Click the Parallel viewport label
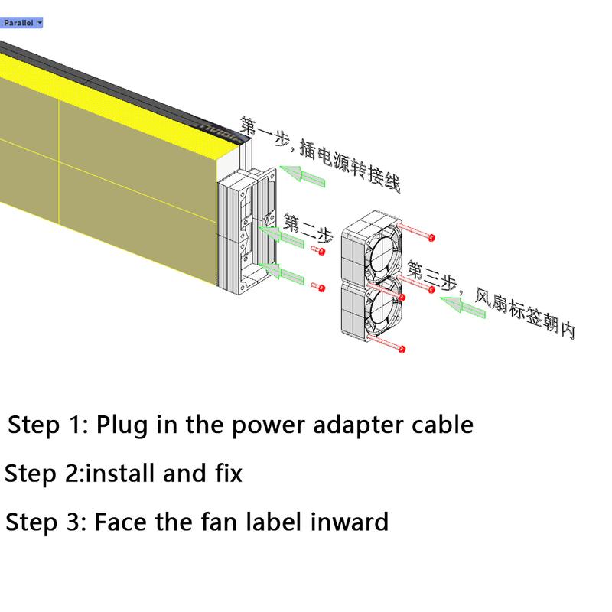pyautogui.click(x=18, y=23)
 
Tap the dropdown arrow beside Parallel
pyautogui.click(x=40, y=23)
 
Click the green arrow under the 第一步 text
pyautogui.click(x=302, y=176)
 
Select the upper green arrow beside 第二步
pyautogui.click(x=281, y=236)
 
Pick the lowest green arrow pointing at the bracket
pyautogui.click(x=281, y=273)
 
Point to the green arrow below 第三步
pyautogui.click(x=463, y=307)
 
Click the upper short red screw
pyautogui.click(x=318, y=250)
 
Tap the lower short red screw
pyautogui.click(x=318, y=288)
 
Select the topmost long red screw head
pyautogui.click(x=431, y=237)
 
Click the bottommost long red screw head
pyautogui.click(x=402, y=349)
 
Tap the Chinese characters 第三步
pyautogui.click(x=431, y=275)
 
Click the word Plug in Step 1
pyautogui.click(x=122, y=425)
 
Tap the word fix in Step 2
pyautogui.click(x=229, y=473)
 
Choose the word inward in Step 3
pyautogui.click(x=350, y=522)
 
